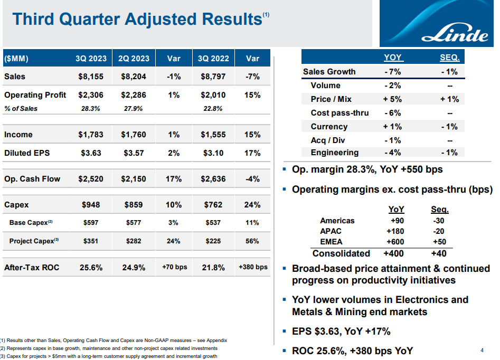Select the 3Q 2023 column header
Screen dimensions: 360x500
[91, 59]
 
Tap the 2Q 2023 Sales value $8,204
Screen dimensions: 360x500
[134, 77]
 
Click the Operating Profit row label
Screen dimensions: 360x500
[35, 95]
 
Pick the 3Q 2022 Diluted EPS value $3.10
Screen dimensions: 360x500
[213, 153]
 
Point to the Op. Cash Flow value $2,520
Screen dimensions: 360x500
[91, 179]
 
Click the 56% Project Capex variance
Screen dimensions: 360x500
[252, 241]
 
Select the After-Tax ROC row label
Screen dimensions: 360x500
[32, 267]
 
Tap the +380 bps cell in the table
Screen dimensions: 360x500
[253, 267]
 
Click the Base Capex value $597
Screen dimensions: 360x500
[91, 223]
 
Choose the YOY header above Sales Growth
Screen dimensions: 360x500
[392, 58]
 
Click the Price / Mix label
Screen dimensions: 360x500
[331, 99]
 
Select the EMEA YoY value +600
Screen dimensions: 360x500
[395, 242]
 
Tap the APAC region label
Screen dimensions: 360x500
[331, 231]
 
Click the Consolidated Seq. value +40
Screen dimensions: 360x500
[439, 253]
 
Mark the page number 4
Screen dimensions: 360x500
[482, 350]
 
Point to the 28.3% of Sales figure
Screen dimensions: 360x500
[91, 109]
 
